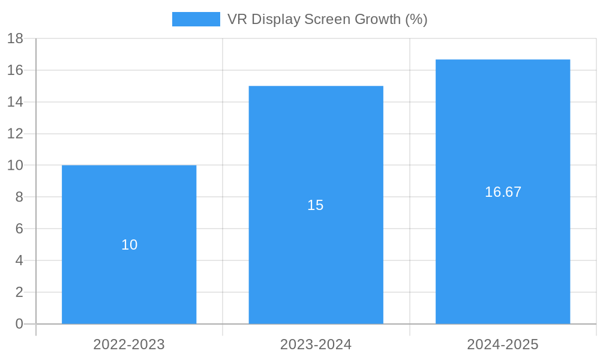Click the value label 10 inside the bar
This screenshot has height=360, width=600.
pyautogui.click(x=130, y=245)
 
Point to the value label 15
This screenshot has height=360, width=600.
pyautogui.click(x=316, y=205)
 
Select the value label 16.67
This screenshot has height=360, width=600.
pyautogui.click(x=503, y=192)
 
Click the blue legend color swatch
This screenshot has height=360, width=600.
pyautogui.click(x=196, y=19)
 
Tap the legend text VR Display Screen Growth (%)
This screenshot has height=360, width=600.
pyautogui.click(x=327, y=19)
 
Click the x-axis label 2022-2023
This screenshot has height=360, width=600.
pyautogui.click(x=129, y=345)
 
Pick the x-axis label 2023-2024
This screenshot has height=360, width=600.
pyautogui.click(x=316, y=345)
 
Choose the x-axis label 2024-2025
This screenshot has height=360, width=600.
pyautogui.click(x=503, y=345)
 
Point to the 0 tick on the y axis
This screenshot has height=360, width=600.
pyautogui.click(x=19, y=324)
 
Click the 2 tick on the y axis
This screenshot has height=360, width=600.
pyautogui.click(x=19, y=292)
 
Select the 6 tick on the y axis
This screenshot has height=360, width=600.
pyautogui.click(x=19, y=229)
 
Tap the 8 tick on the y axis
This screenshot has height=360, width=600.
pyautogui.click(x=19, y=197)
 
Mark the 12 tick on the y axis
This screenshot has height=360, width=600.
pyautogui.click(x=15, y=134)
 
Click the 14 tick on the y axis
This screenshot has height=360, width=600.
pyautogui.click(x=15, y=102)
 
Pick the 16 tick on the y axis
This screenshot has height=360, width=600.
pyautogui.click(x=15, y=70)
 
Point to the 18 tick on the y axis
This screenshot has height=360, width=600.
pyautogui.click(x=15, y=38)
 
